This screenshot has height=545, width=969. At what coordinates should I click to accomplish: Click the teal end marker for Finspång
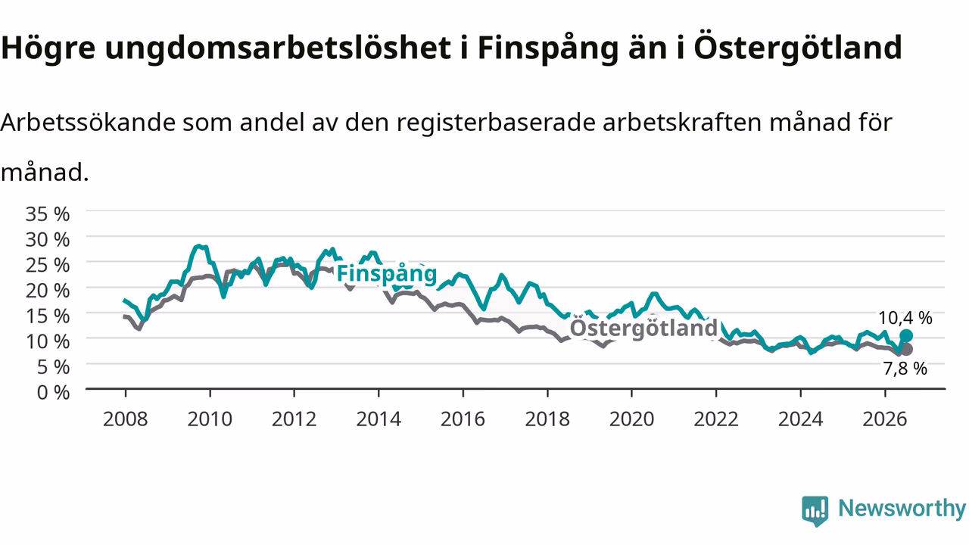coord(906,335)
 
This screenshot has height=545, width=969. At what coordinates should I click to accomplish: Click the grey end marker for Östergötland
coord(906,349)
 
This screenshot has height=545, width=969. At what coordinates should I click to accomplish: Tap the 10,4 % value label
coord(905,318)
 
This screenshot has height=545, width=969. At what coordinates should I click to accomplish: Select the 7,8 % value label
coord(905,369)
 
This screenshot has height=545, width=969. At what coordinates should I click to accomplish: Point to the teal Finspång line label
coord(387,274)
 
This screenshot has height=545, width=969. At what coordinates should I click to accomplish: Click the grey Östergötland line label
coord(643,328)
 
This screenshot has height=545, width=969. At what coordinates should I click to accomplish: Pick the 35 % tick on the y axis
coord(48,213)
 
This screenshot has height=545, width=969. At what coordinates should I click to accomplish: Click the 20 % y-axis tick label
coord(48,290)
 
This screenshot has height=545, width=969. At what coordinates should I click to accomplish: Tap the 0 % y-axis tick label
coord(53,392)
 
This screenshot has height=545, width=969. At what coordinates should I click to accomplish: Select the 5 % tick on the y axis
coord(53,367)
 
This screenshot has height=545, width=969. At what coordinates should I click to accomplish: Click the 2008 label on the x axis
coord(126,419)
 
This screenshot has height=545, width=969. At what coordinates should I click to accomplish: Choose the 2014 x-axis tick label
coord(379,419)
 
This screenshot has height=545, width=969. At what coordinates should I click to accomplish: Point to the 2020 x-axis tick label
coord(631,419)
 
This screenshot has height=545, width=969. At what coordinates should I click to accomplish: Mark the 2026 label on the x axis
coord(885,419)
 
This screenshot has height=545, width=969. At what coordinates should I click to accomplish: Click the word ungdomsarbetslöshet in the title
coord(278,48)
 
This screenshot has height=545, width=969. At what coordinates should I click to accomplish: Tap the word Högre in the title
coord(48,48)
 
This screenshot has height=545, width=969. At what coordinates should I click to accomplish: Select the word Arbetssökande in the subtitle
coord(89,122)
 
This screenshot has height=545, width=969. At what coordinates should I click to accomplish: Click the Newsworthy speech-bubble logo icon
coord(815,511)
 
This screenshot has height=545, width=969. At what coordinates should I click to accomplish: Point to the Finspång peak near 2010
coord(198,246)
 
